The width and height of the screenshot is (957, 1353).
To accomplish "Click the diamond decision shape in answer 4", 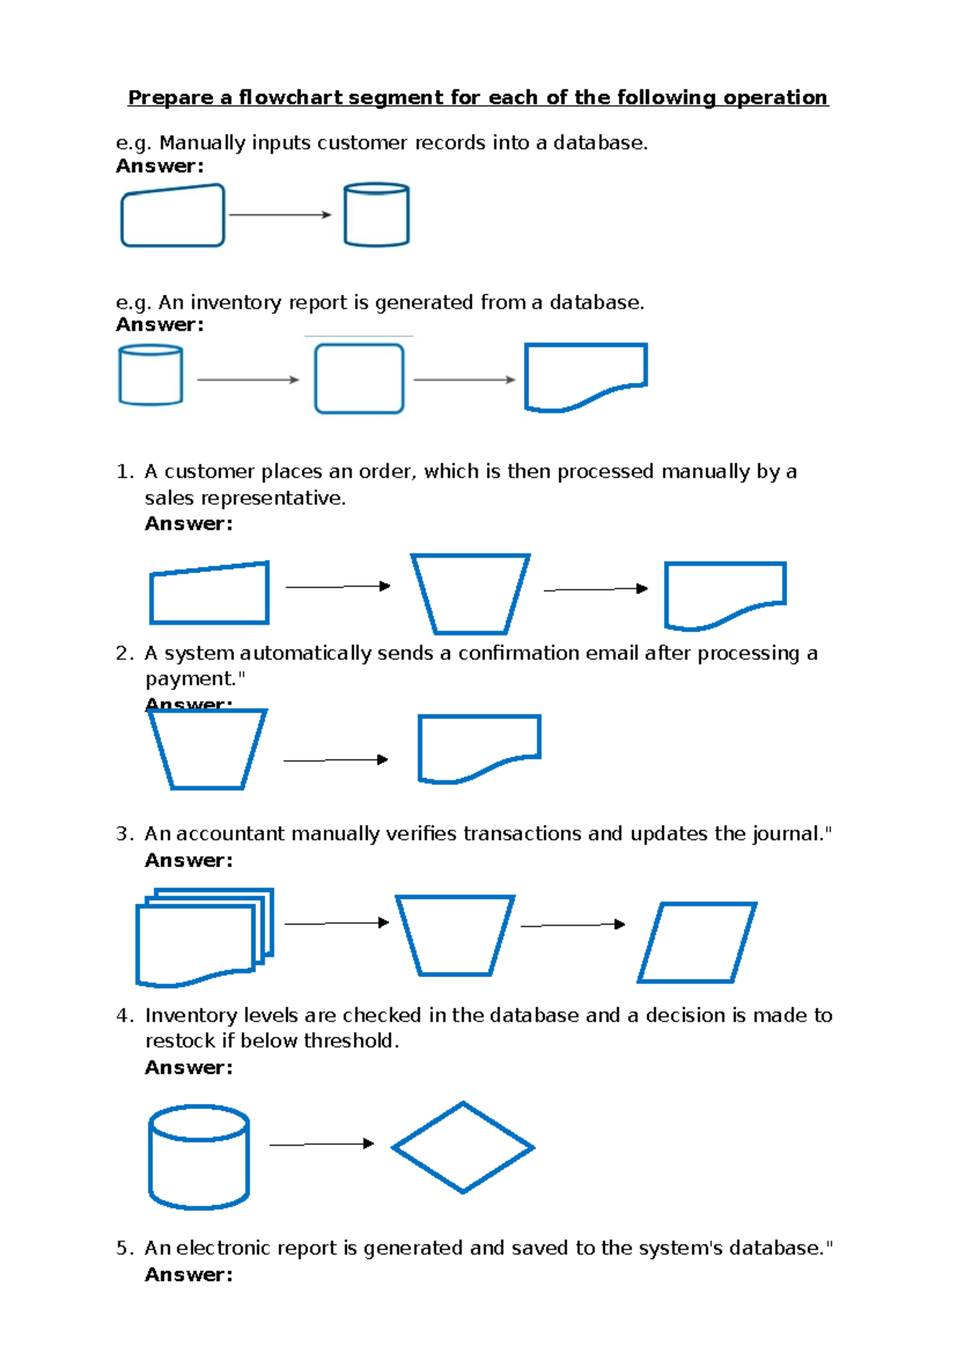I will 463,1147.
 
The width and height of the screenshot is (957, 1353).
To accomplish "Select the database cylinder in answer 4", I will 199,1157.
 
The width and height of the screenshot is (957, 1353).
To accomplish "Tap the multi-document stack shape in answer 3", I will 203,937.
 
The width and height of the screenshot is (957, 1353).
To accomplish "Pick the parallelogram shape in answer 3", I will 697,942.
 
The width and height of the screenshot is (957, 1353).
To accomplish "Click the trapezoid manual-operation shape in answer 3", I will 455,935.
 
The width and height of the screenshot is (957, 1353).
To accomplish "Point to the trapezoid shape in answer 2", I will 207,748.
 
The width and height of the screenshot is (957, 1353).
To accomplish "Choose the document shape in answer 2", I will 478,746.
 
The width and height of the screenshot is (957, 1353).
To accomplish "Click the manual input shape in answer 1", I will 209,594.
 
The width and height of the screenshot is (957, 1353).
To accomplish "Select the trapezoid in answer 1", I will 470,594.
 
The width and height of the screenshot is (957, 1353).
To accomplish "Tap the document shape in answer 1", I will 724,592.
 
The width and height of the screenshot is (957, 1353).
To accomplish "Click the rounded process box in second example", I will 359,379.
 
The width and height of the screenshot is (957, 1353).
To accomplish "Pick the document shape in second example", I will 584,375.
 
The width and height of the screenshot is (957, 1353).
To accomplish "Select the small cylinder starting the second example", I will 151,375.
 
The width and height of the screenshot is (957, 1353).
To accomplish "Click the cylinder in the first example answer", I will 376,215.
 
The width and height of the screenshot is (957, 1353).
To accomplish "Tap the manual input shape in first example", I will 172,216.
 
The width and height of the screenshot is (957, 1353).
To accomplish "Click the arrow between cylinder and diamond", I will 321,1144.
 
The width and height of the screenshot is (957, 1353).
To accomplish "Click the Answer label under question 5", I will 188,1275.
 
